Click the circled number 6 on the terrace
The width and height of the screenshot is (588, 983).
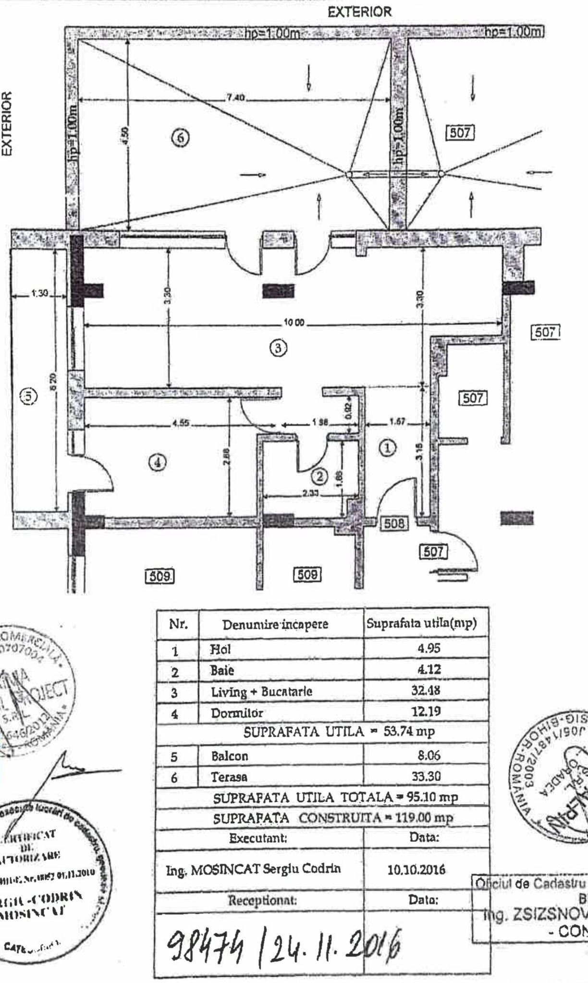coord(180,137)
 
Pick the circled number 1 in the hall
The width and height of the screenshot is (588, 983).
coord(388,448)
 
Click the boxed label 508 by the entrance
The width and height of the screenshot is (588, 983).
coord(393,523)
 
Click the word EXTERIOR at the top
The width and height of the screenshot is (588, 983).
coord(359,12)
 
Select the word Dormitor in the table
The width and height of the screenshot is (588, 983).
coord(237,713)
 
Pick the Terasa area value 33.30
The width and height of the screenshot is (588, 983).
coord(426,776)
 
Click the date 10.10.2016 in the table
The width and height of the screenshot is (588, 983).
coord(416,869)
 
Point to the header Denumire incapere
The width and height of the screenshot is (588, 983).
coord(275,624)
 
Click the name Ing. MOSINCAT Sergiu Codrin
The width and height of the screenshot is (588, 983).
coord(253,869)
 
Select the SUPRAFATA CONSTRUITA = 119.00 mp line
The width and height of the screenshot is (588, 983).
coord(333,818)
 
